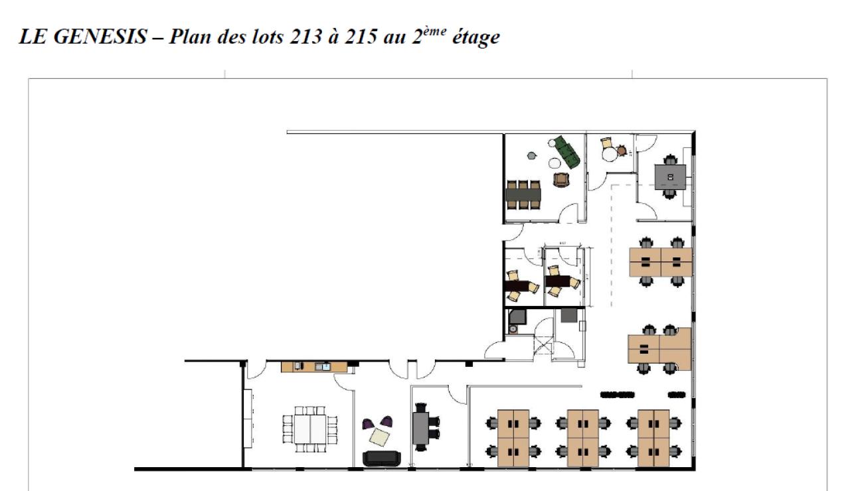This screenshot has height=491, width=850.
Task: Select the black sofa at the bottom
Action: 382,458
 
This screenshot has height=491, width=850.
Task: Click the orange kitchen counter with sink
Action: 313,366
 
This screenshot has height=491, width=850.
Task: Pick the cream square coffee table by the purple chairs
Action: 380,436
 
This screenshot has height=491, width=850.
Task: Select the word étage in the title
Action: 474,38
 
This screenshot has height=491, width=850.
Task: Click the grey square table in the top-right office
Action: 670,176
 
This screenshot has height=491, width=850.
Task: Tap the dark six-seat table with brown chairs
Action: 523,194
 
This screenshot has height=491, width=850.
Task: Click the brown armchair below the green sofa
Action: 561,179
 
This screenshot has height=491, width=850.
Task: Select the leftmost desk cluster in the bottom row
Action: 513,437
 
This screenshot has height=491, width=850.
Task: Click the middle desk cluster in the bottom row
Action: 583,437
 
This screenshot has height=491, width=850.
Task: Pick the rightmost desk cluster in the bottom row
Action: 653,437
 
